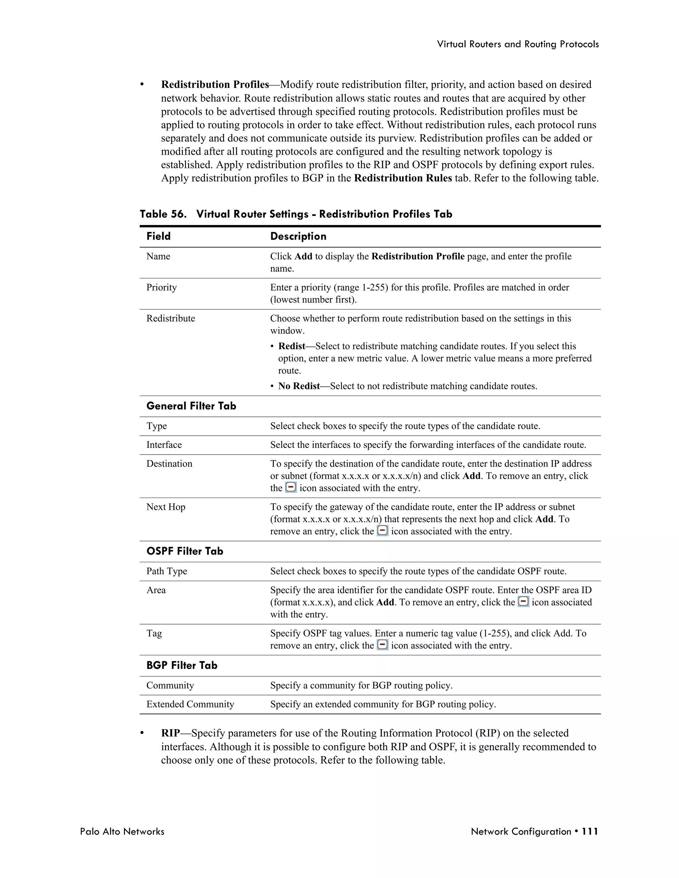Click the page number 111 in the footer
590,831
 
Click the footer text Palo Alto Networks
122,831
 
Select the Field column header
158,236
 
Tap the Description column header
298,236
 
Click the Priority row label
161,288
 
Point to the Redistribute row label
170,318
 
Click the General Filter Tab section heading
191,406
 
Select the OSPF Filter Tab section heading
185,551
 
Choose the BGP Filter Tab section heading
182,665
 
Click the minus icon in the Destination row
291,488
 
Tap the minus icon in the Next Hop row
383,531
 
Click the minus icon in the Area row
523,602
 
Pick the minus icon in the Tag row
383,645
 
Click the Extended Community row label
190,704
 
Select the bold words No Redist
299,386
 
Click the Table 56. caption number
163,214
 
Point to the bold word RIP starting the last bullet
170,733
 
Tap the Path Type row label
166,571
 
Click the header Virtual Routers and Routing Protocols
518,44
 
